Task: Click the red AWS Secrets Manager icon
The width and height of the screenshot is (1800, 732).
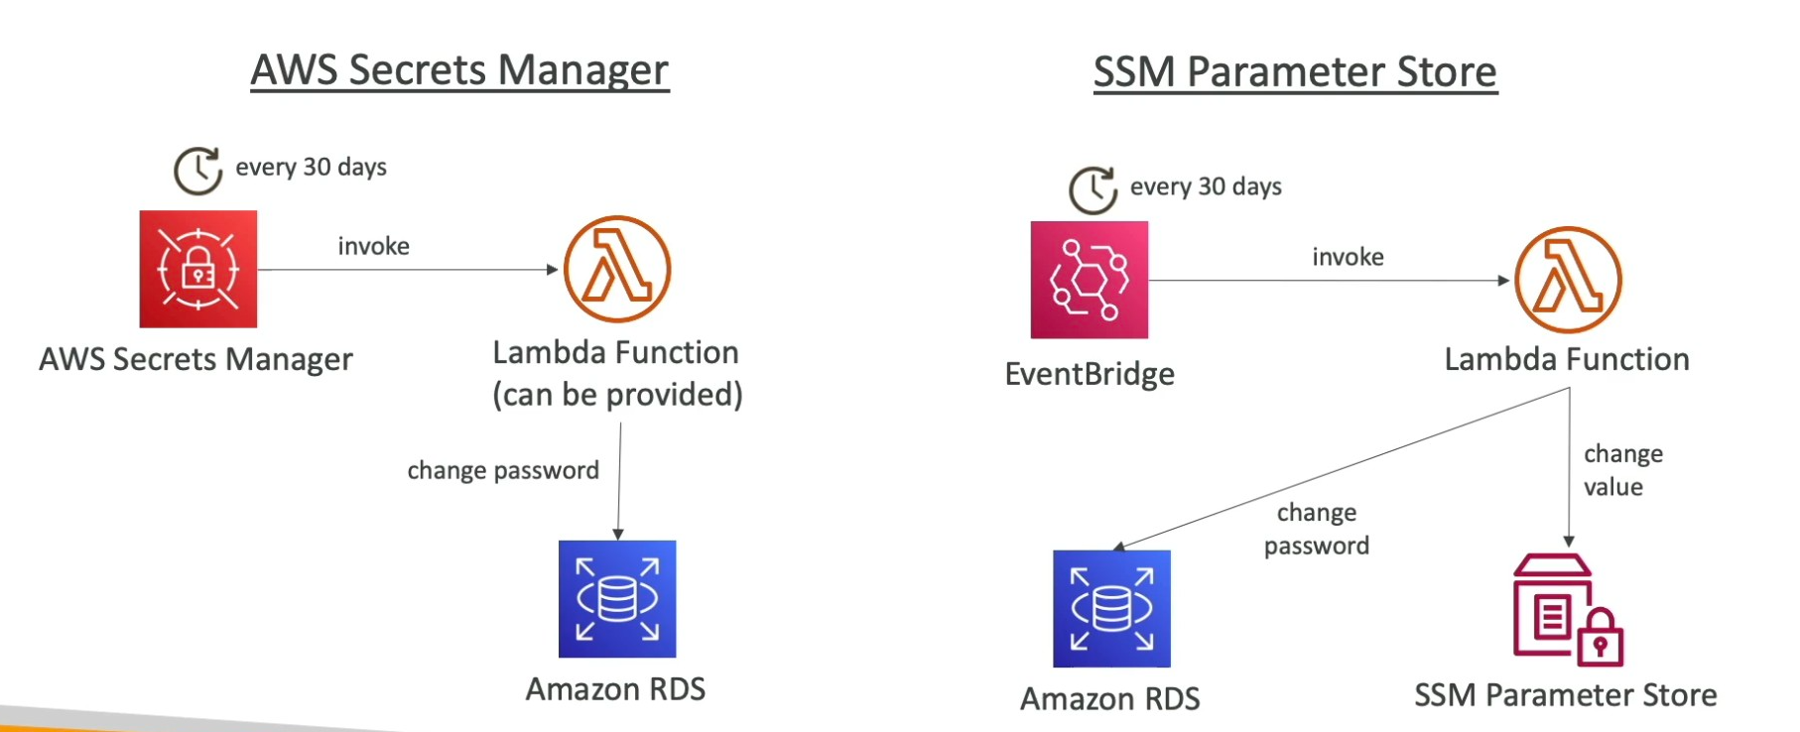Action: click(x=198, y=269)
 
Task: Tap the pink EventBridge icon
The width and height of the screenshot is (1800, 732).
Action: click(x=1089, y=280)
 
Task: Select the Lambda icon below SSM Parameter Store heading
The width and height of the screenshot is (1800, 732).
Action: click(x=1568, y=280)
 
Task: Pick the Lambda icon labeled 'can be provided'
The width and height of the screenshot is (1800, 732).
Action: click(x=617, y=269)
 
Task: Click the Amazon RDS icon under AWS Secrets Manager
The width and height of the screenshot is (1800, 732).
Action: click(x=617, y=598)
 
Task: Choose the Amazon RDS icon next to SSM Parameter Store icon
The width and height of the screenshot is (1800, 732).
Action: click(x=1111, y=608)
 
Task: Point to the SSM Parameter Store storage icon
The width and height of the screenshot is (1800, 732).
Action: click(x=1567, y=609)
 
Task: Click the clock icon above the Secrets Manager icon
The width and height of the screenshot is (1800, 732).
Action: click(x=197, y=171)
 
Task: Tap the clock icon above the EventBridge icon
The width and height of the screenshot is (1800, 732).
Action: click(x=1093, y=189)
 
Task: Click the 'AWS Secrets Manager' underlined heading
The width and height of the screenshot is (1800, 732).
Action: click(x=459, y=70)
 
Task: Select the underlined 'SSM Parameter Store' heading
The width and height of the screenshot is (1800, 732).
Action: click(x=1295, y=72)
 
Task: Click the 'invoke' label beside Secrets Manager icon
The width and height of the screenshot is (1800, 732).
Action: click(x=373, y=246)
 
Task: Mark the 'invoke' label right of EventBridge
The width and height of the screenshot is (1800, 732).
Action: click(x=1348, y=257)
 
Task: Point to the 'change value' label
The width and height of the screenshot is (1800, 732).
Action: click(x=1622, y=470)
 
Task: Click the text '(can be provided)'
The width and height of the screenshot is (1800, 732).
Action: click(x=617, y=395)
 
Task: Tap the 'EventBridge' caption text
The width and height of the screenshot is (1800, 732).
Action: click(x=1090, y=374)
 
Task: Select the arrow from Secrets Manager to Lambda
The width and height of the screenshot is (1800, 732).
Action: click(x=407, y=269)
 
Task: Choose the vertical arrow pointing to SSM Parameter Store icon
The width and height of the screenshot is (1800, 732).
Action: click(x=1569, y=466)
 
